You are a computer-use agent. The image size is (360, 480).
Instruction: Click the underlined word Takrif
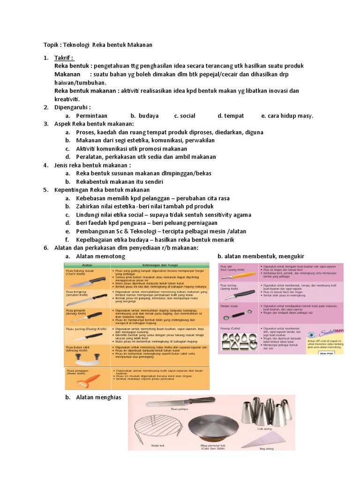point(64,57)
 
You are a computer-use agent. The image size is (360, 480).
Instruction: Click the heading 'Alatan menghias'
point(98,397)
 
